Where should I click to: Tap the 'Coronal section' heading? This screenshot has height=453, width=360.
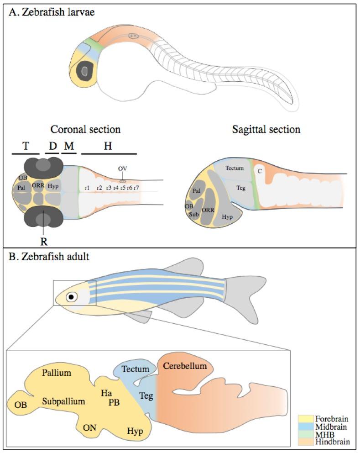[x=85, y=129]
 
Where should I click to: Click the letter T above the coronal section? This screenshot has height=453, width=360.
[x=26, y=146]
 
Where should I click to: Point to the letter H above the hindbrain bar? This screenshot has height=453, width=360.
[x=109, y=146]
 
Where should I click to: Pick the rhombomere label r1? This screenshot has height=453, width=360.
[x=87, y=188]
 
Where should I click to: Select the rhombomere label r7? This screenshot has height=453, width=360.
[x=136, y=188]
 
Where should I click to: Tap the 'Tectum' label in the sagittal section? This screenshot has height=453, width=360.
[x=235, y=168]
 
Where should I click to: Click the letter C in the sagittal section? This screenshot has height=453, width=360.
[x=259, y=171]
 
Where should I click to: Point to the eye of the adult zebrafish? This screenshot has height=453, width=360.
[x=71, y=297]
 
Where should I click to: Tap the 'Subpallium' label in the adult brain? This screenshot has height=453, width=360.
[x=64, y=401]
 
